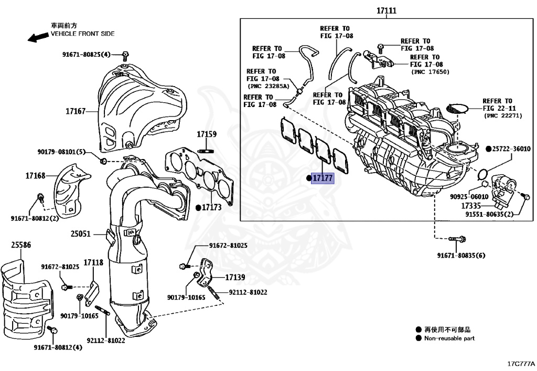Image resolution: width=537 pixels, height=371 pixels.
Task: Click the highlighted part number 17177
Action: (323, 178)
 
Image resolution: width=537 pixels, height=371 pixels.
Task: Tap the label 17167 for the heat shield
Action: (76, 111)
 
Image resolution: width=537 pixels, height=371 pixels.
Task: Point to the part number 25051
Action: (81, 234)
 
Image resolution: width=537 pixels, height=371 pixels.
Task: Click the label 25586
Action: (21, 245)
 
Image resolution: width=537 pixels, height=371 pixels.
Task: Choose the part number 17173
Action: (211, 208)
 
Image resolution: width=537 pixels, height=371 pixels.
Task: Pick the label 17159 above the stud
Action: (207, 135)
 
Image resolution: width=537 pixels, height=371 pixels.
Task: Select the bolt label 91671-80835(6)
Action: (461, 256)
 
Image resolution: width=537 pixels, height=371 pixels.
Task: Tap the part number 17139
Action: (235, 277)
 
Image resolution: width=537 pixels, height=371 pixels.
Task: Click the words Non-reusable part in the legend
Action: (449, 338)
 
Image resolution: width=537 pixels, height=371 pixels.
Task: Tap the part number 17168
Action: (36, 176)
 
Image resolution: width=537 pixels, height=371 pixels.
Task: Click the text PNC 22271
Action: (503, 115)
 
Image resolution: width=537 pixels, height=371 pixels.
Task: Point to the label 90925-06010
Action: (469, 197)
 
